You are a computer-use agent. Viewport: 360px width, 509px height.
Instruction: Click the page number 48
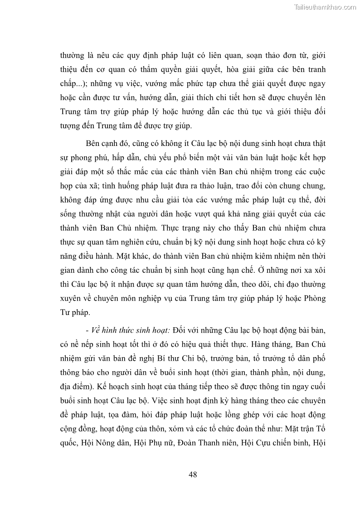click(x=192, y=475)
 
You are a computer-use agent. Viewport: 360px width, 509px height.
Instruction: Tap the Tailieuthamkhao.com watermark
click(x=326, y=7)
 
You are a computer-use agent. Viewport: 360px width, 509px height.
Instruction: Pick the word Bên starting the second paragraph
click(x=92, y=144)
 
